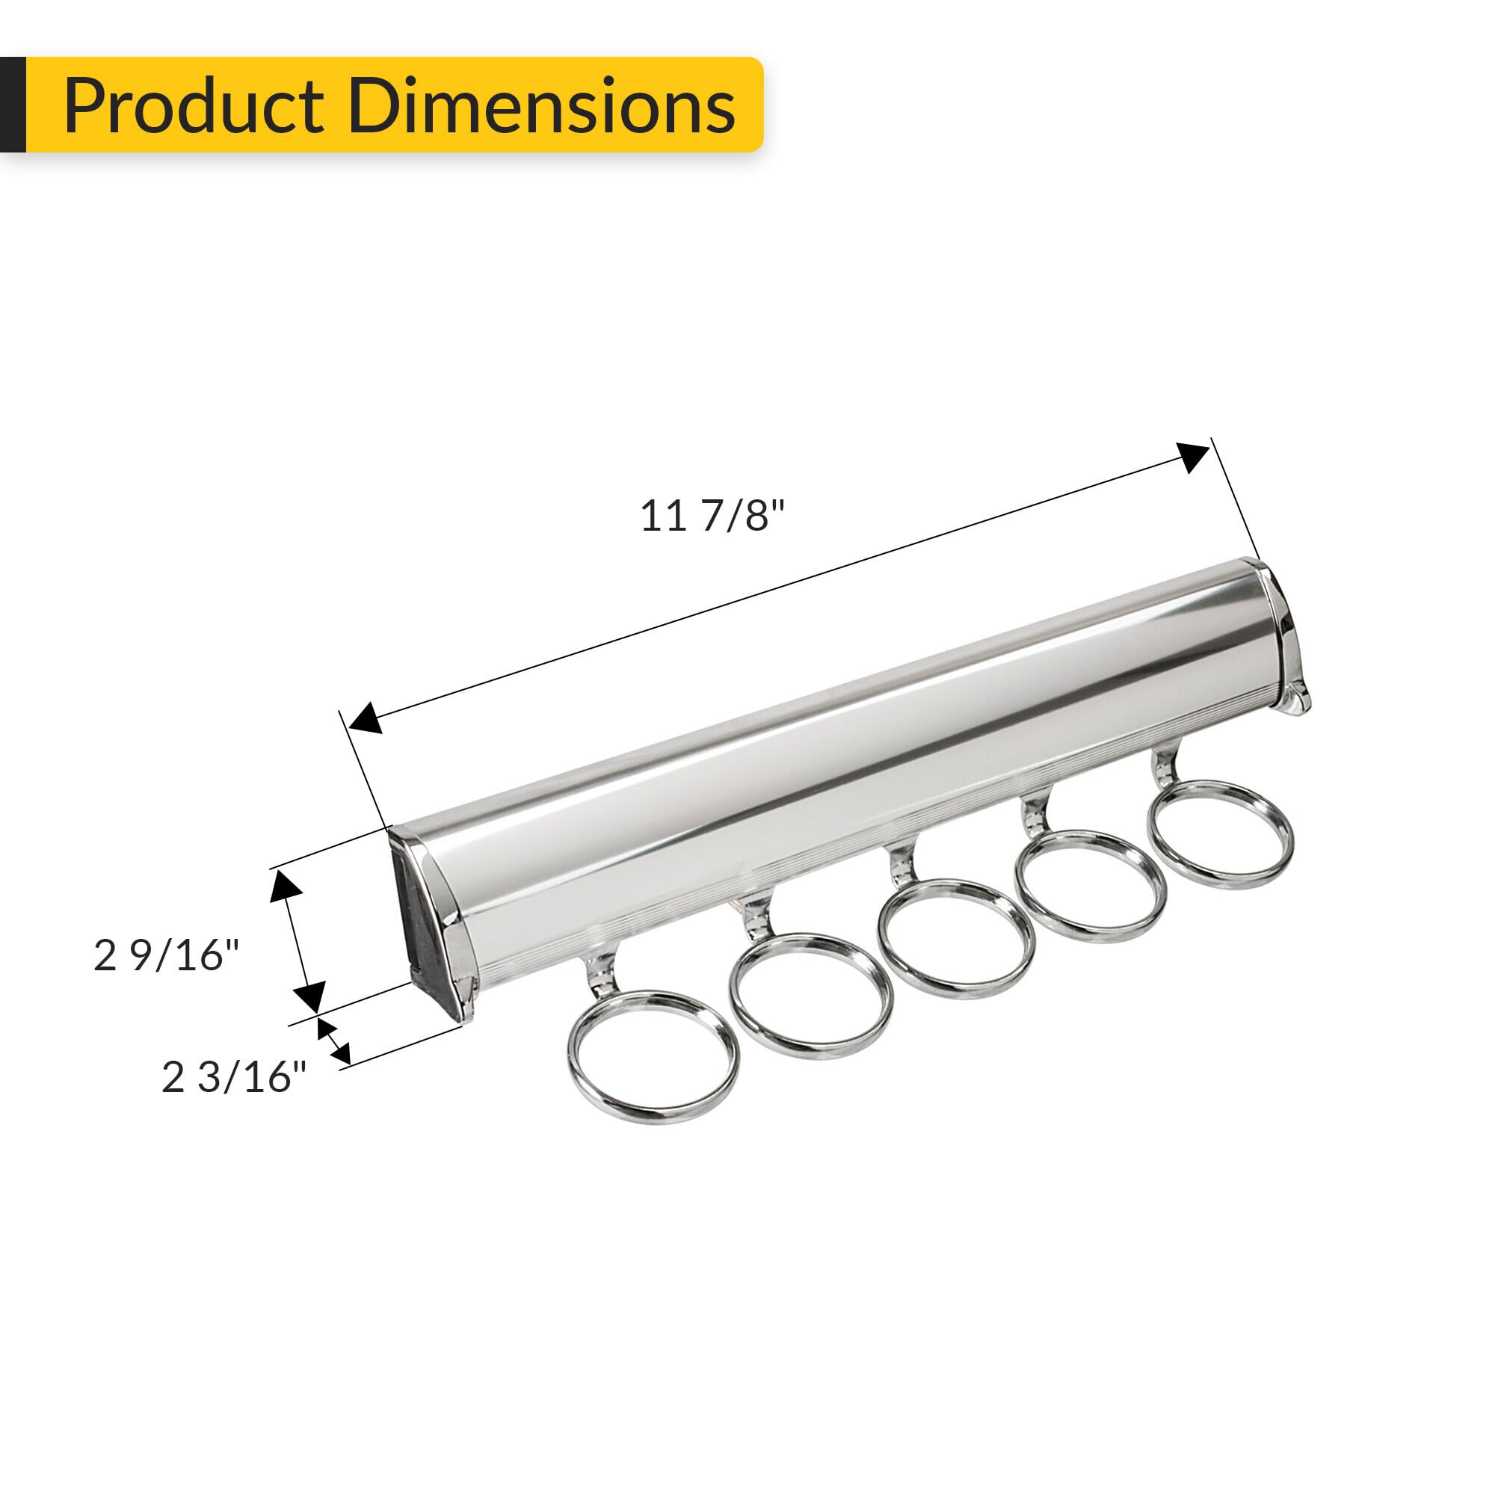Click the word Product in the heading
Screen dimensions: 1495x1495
tap(194, 106)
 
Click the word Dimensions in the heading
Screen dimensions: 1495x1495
tap(541, 106)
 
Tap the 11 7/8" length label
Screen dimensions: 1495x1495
tap(712, 515)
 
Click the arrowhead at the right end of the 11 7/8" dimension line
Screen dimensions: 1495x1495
tap(1193, 457)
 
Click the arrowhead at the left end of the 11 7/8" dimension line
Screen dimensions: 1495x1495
tap(366, 718)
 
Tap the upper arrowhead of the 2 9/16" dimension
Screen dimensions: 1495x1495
tap(285, 886)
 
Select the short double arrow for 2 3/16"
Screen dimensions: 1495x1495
tap(333, 1041)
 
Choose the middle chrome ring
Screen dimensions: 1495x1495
tap(955, 938)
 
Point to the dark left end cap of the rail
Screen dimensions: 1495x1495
tap(424, 924)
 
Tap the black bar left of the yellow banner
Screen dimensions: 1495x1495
tap(13, 105)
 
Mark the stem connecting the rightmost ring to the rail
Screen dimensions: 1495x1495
tap(1165, 769)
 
